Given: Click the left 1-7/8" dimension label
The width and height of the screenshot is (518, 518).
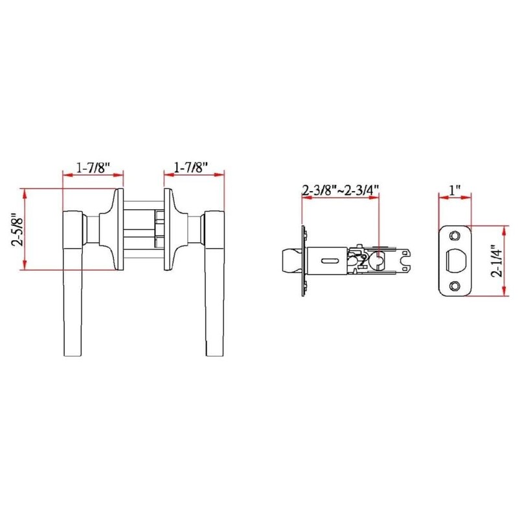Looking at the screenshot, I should click(x=93, y=167).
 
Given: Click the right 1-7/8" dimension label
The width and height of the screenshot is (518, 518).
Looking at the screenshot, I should click(x=191, y=167).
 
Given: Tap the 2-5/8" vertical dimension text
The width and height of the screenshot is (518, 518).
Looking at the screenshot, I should click(x=17, y=230).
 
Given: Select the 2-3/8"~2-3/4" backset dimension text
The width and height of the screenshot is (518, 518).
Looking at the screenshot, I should click(x=340, y=191).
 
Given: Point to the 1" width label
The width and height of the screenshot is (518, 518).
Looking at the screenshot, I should click(x=455, y=191).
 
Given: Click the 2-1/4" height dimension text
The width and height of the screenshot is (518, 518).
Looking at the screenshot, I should click(x=497, y=260).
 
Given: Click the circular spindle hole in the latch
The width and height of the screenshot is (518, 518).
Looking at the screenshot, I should click(x=377, y=260).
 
